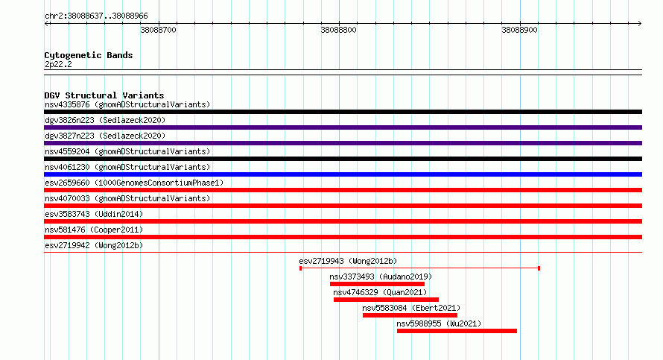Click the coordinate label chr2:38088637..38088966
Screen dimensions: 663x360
coord(96,16)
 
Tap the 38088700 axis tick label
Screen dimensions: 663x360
coord(158,30)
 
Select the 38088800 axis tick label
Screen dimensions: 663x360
coord(339,30)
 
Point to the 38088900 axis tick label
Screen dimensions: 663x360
coord(519,30)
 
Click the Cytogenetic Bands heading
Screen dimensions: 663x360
coord(89,55)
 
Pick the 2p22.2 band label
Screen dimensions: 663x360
coord(58,64)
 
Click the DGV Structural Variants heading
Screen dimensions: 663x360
coord(104,95)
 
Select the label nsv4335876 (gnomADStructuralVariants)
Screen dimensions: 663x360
coord(127,104)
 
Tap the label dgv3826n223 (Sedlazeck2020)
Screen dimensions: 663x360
coord(105,120)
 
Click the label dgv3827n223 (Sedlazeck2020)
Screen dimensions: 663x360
coord(105,136)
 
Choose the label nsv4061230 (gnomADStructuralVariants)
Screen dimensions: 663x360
coord(127,167)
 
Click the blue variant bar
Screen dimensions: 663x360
coord(343,174)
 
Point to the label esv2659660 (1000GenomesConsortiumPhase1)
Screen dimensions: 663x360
coord(134,183)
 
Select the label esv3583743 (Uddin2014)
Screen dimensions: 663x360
coord(94,214)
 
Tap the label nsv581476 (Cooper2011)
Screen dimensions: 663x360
coord(94,230)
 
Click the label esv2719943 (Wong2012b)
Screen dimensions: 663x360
coord(348,261)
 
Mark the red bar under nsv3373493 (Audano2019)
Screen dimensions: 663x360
coord(377,284)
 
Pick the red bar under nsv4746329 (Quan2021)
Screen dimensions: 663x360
coord(386,300)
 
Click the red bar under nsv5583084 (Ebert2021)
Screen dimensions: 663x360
coord(410,315)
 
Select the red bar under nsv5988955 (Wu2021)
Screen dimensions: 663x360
coord(457,331)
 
